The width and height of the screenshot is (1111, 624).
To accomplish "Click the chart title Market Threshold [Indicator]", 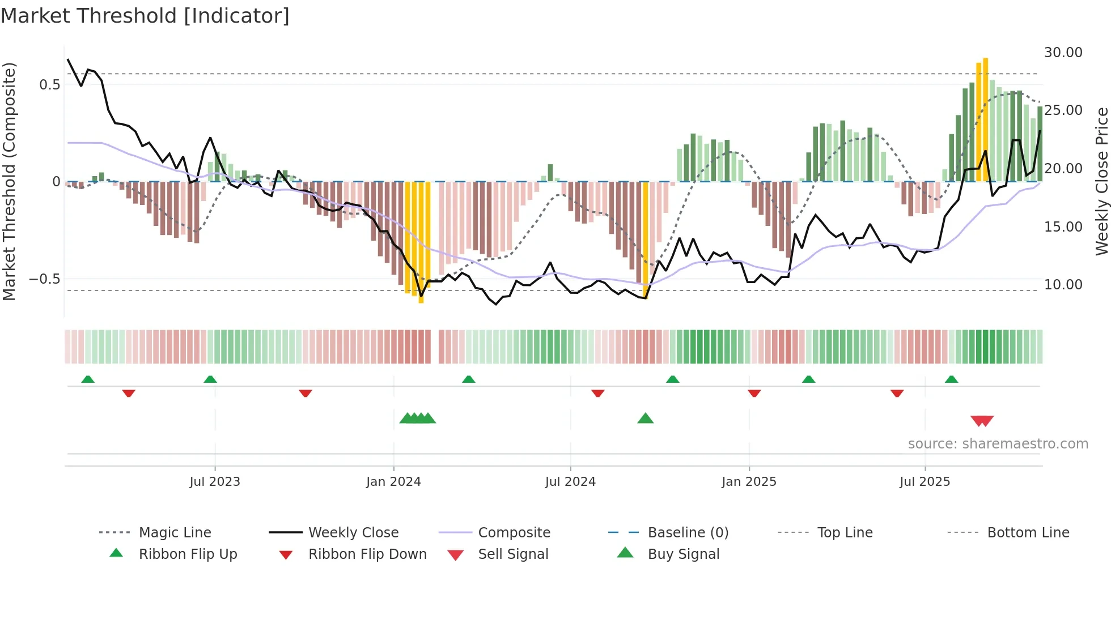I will [x=145, y=16].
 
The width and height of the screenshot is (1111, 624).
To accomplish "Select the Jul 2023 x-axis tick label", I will [x=215, y=482].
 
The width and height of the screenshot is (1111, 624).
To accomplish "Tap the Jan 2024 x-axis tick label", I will [x=393, y=482].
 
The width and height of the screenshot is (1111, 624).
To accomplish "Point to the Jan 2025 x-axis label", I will [x=749, y=482].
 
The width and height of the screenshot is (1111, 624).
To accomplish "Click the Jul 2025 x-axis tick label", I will [x=925, y=482].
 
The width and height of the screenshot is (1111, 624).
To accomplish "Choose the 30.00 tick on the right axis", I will [x=1063, y=53].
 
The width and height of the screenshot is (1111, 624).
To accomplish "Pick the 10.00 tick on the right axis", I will [x=1063, y=285].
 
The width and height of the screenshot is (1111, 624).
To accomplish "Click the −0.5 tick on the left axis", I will [x=44, y=279].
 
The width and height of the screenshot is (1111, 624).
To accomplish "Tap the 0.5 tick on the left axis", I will [x=49, y=85].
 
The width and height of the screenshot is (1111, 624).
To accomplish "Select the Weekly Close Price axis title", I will [x=1101, y=181].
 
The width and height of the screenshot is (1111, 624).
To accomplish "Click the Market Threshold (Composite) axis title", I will [x=9, y=181].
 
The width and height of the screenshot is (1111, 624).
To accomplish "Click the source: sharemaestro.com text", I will [x=998, y=444].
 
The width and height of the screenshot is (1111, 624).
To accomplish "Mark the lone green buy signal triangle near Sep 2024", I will [x=645, y=419].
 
